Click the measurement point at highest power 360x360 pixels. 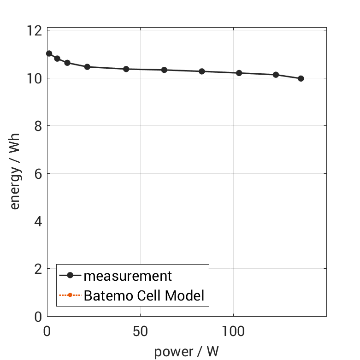(x=301, y=78)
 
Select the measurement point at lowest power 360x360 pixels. (x=49, y=53)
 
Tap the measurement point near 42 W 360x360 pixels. (x=126, y=69)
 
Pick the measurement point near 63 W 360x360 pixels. (x=164, y=70)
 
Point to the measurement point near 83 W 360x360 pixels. (x=202, y=71)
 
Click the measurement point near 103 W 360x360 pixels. (x=239, y=73)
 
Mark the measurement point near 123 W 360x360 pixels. (x=276, y=75)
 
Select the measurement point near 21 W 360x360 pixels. (x=87, y=67)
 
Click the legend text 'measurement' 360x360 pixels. (x=128, y=276)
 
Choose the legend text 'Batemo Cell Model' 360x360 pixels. (x=144, y=295)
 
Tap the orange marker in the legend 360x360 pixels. (x=70, y=295)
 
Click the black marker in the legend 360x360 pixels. (x=70, y=276)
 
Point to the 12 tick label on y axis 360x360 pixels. (x=34, y=31)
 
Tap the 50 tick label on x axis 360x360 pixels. (x=140, y=331)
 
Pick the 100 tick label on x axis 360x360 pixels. (x=233, y=331)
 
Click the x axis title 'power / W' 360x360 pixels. (x=186, y=352)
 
